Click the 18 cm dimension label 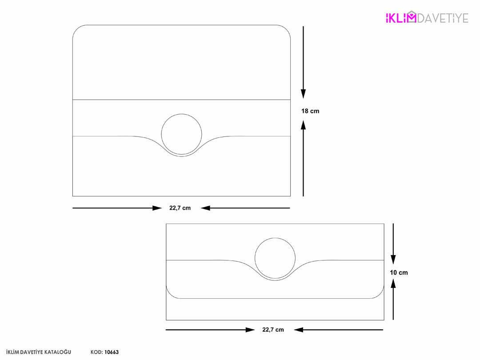[x=310, y=111]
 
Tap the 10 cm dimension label [x=399, y=272]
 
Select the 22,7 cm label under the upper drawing [x=180, y=208]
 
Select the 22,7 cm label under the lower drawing [x=273, y=330]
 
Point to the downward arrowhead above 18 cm [x=303, y=94]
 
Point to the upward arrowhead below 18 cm [x=303, y=125]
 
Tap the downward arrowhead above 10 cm [x=393, y=260]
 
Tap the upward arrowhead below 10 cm [x=393, y=284]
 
